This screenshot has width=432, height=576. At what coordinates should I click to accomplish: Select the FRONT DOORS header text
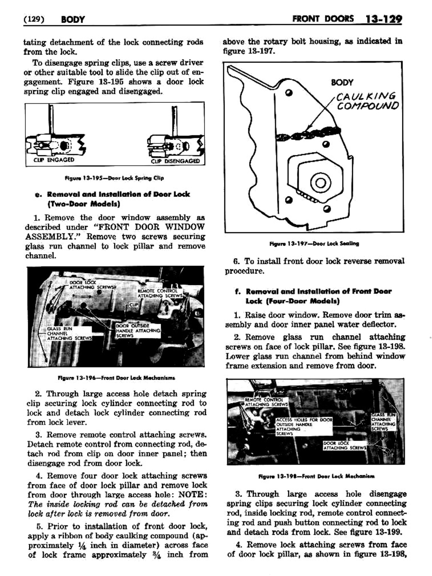(323, 19)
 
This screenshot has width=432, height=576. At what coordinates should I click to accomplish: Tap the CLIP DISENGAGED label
(175, 161)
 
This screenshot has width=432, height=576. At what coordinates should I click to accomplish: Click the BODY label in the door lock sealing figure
(342, 82)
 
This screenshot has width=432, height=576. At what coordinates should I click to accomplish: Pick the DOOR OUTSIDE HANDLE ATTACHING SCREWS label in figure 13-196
(138, 330)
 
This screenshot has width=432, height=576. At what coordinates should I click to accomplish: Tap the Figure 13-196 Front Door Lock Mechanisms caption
(116, 378)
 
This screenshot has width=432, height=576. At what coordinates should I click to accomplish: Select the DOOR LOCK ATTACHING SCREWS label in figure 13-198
(345, 446)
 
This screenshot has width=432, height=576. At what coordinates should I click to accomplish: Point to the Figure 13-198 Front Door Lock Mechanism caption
(316, 476)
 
